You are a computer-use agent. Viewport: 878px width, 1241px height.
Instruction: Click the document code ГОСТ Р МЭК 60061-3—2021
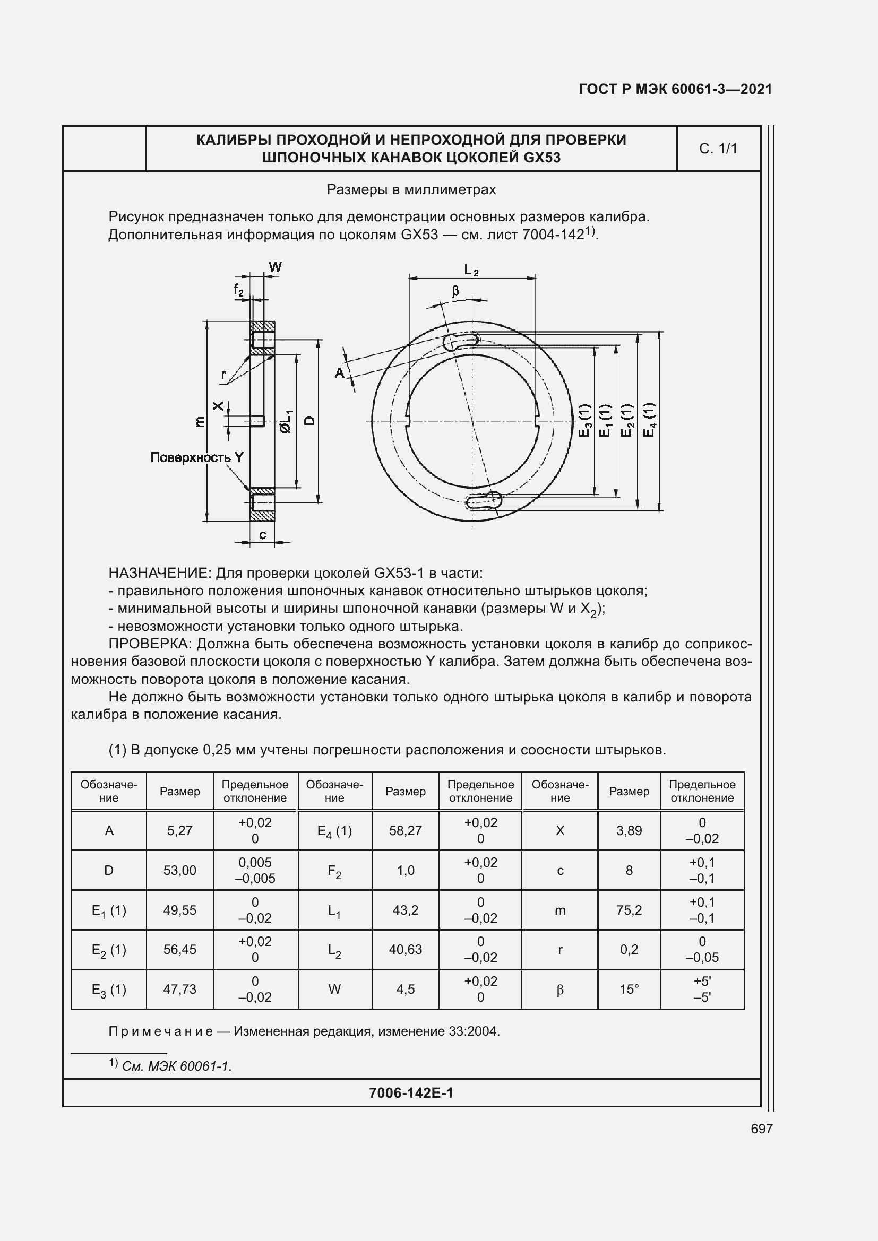point(675,89)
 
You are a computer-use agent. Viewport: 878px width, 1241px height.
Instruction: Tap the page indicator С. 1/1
point(718,149)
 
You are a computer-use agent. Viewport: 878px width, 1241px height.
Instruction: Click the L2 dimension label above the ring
point(471,270)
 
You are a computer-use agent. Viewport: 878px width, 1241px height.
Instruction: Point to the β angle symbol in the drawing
point(455,291)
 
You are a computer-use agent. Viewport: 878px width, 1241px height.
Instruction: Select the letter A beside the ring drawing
point(340,372)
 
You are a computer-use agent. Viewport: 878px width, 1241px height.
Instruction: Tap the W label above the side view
point(275,267)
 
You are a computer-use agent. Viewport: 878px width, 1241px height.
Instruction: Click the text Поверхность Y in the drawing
point(197,457)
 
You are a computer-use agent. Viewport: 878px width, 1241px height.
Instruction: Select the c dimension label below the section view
point(262,535)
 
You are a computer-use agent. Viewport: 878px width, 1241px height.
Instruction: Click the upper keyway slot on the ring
point(461,341)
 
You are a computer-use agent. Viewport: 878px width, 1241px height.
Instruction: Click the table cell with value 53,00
point(179,870)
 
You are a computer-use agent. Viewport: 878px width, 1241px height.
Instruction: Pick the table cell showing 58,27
point(405,830)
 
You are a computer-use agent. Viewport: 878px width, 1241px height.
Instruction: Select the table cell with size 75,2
point(629,910)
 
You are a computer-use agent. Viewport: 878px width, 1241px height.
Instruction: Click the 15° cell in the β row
point(629,989)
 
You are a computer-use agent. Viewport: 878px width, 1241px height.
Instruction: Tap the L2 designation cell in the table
point(334,950)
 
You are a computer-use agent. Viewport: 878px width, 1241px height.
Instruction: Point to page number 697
point(761,1129)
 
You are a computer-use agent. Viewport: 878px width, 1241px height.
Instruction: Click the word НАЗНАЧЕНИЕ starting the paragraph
point(158,573)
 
